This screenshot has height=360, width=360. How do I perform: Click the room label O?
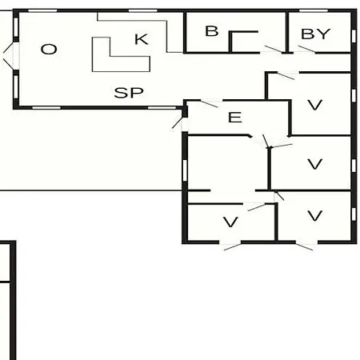(49, 50)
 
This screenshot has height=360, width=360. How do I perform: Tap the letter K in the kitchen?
(142, 39)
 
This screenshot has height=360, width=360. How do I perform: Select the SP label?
(129, 93)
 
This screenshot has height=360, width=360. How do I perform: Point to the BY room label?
(315, 34)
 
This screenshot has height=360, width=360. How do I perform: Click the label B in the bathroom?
(212, 31)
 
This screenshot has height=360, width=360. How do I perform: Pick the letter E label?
(235, 118)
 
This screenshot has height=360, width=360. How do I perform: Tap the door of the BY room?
(306, 50)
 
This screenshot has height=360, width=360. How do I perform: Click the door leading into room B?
(273, 49)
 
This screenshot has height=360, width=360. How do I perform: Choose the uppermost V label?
(315, 105)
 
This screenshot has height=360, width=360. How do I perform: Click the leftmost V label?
(230, 222)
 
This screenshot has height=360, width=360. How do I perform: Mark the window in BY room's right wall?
(354, 36)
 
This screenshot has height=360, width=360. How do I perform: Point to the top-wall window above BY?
(314, 10)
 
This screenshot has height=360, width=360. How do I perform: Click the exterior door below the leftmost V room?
(232, 246)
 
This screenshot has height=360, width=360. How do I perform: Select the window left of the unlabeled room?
(185, 170)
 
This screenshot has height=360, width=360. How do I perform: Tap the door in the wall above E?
(209, 104)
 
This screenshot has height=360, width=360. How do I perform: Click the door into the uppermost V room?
(286, 76)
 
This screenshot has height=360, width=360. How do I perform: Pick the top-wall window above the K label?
(142, 10)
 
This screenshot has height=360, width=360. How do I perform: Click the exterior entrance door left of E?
(178, 122)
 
